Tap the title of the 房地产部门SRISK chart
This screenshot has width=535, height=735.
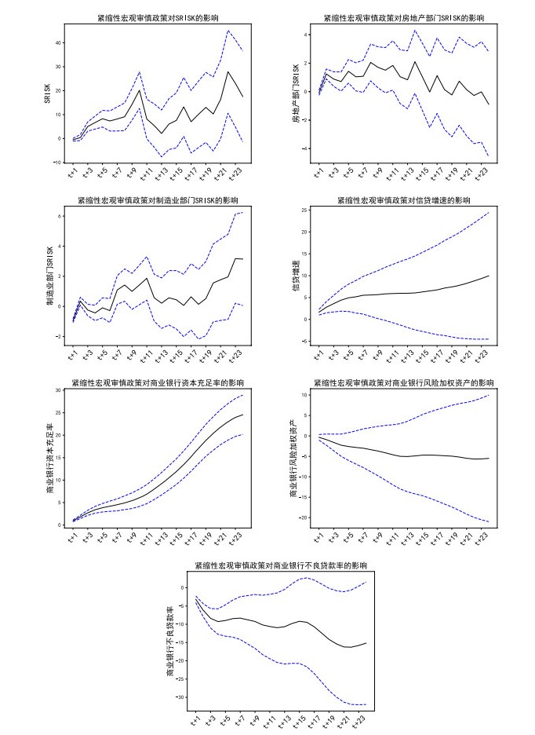point(404,17)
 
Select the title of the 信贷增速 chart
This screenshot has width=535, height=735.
point(404,200)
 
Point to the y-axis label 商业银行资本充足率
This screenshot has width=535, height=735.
point(49,458)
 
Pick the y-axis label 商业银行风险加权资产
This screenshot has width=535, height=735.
point(293,458)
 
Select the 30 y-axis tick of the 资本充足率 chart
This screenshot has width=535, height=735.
point(57,390)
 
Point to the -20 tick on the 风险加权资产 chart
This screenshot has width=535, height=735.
point(302,517)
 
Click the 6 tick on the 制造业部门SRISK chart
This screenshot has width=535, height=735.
point(60,215)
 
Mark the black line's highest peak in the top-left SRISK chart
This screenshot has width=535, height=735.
point(228,71)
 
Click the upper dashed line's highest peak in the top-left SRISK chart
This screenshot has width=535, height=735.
point(228,31)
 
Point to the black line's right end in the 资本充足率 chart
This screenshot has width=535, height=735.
point(243,415)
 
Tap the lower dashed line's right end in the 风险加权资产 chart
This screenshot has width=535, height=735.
point(489,521)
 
